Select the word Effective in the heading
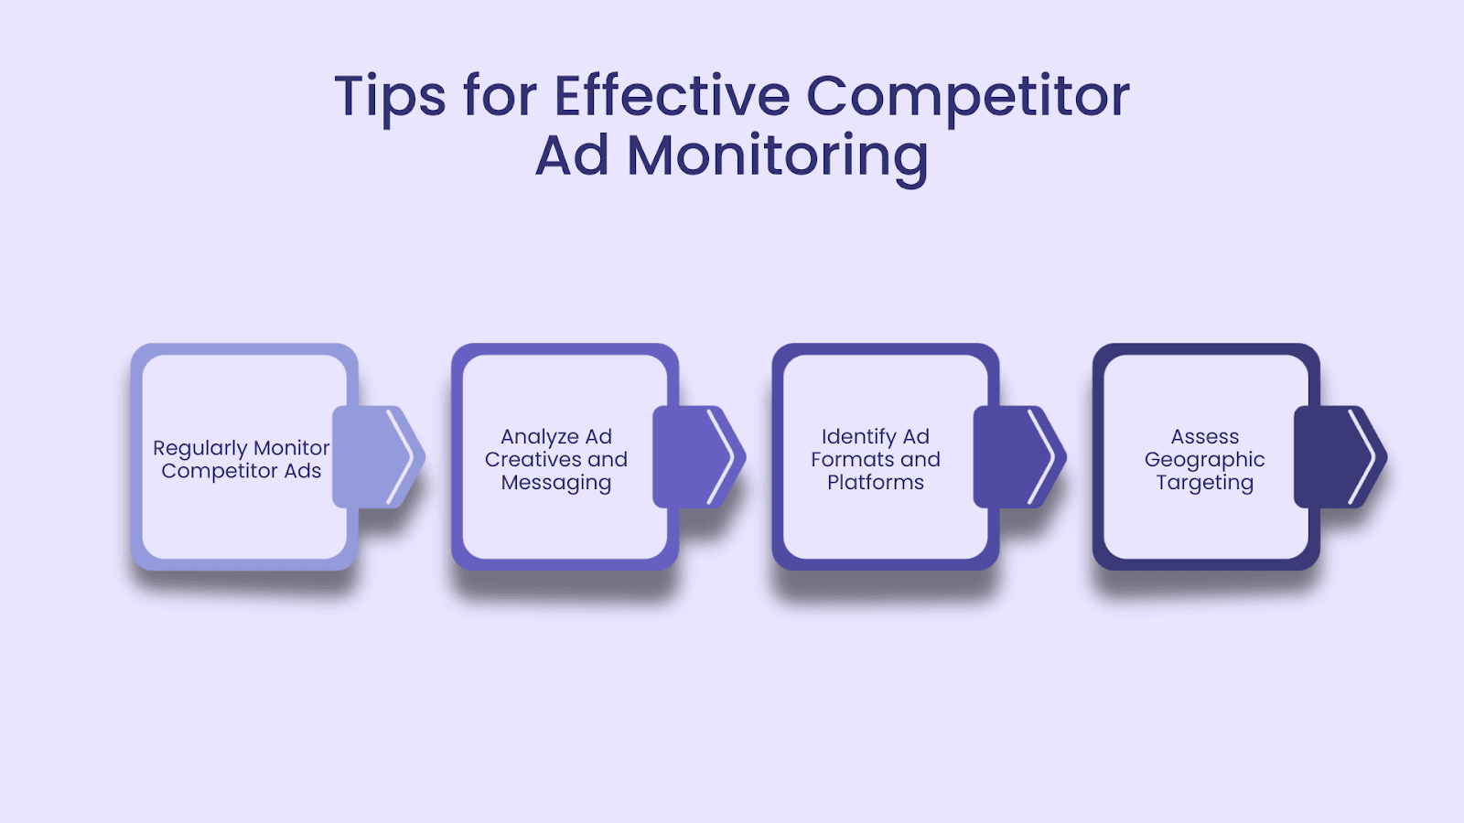[x=673, y=95]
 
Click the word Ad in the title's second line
[x=573, y=155]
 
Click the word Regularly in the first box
[x=200, y=449]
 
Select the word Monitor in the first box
[x=292, y=447]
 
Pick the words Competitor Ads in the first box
[x=242, y=471]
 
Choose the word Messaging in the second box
[x=556, y=483]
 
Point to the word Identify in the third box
[x=859, y=437]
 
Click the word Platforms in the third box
[x=876, y=482]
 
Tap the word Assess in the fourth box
[x=1205, y=437]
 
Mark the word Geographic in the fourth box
[x=1205, y=460]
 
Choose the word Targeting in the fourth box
[x=1205, y=483]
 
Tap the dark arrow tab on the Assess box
[x=1340, y=457]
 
